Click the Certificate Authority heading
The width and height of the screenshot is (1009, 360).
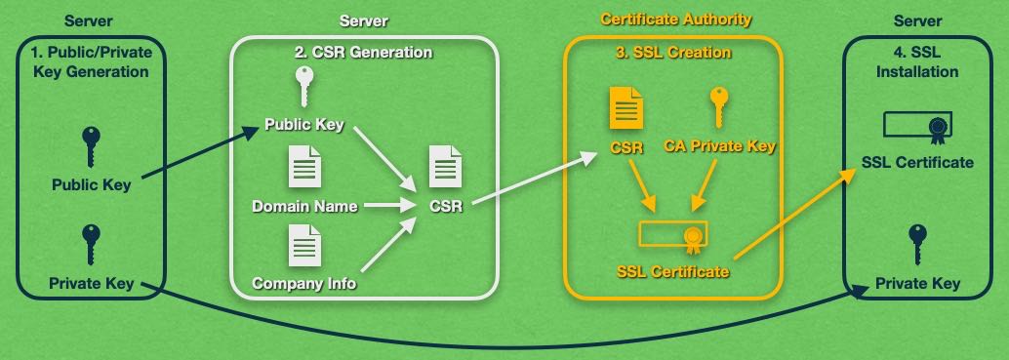click(x=676, y=20)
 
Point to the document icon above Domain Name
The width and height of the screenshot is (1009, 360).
click(x=303, y=168)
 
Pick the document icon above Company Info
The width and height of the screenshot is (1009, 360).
click(x=303, y=245)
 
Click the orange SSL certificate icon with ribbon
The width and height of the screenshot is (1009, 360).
click(x=674, y=235)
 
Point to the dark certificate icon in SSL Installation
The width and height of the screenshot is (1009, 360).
click(x=917, y=125)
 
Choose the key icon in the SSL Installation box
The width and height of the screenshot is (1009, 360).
click(x=917, y=244)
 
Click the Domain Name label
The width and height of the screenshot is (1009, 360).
click(x=304, y=207)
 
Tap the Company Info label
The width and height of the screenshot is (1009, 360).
click(x=304, y=284)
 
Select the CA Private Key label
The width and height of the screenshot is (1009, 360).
click(x=720, y=147)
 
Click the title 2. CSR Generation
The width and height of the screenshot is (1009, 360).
click(x=363, y=52)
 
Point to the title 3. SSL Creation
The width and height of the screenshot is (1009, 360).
click(x=674, y=52)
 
